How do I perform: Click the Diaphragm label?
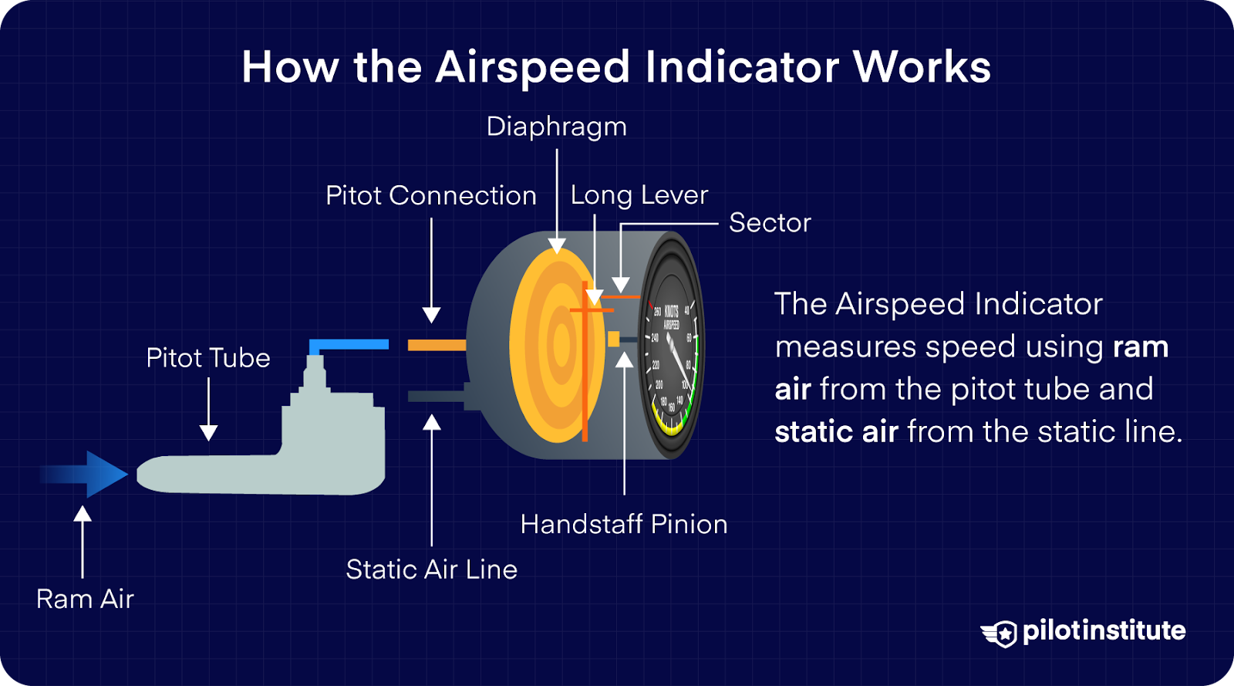pyautogui.click(x=556, y=127)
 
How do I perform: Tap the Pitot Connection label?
pyautogui.click(x=430, y=196)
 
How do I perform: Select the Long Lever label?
pyautogui.click(x=639, y=196)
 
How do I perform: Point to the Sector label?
pyautogui.click(x=770, y=223)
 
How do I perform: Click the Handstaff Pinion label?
pyautogui.click(x=623, y=525)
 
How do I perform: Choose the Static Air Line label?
pyautogui.click(x=431, y=569)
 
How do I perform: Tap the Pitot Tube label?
pyautogui.click(x=208, y=358)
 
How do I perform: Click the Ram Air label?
pyautogui.click(x=85, y=599)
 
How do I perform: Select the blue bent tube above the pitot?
pyautogui.click(x=347, y=345)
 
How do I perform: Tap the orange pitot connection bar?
pyautogui.click(x=437, y=345)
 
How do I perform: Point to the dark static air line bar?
pyautogui.click(x=437, y=397)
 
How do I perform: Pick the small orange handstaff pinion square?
pyautogui.click(x=614, y=339)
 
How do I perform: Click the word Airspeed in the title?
pyautogui.click(x=533, y=67)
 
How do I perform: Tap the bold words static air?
pyautogui.click(x=836, y=432)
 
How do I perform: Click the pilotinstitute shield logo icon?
pyautogui.click(x=1000, y=633)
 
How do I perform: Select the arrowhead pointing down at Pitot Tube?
pyautogui.click(x=208, y=433)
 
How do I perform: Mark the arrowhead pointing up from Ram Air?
pyautogui.click(x=83, y=513)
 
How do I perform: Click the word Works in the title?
pyautogui.click(x=922, y=67)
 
